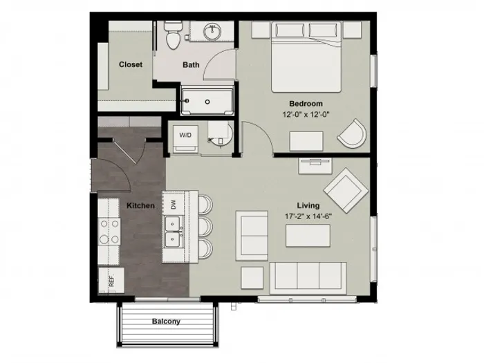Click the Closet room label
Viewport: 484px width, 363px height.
coord(131,64)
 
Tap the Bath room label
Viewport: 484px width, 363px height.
coord(191,65)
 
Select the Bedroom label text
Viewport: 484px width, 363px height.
coord(306,104)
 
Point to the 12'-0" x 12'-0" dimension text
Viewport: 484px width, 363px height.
coord(306,115)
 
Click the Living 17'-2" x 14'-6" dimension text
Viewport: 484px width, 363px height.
coord(308,216)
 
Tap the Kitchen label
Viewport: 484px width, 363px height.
coord(140,205)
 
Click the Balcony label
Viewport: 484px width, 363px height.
coord(166,322)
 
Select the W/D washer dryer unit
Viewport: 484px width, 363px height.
coord(185,139)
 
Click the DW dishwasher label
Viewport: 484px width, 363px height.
coord(174,204)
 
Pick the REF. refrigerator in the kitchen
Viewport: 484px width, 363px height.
coord(111,280)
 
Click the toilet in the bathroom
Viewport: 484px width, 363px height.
coord(172,35)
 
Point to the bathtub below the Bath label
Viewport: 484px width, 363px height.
coord(207,102)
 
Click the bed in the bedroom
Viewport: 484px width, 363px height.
coord(306,57)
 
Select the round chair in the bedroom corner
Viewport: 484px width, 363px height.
coord(353,133)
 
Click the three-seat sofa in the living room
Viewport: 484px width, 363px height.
coord(308,279)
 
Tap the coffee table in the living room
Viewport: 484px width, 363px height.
coord(308,236)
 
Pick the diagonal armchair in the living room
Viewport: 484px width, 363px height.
coord(346,190)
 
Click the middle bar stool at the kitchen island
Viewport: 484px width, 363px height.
coord(205,227)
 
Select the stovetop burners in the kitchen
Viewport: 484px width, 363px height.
coord(109,232)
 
